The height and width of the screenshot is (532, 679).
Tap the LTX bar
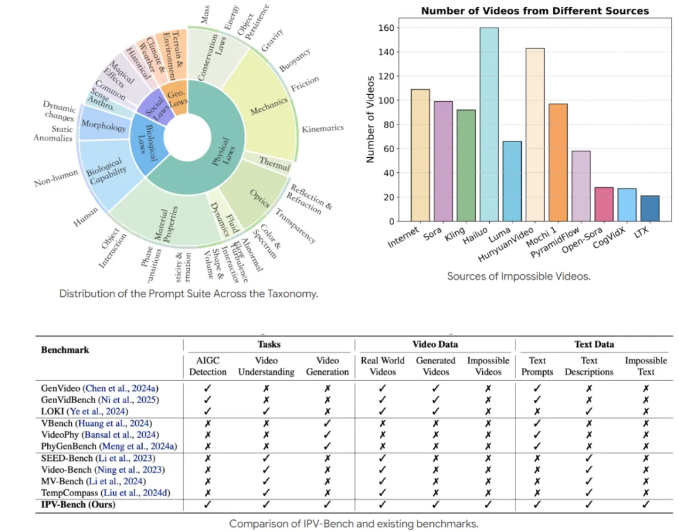click(649, 208)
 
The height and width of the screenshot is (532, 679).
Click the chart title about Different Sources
click(534, 11)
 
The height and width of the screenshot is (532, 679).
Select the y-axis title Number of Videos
click(370, 119)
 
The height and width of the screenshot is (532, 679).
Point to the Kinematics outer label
click(323, 128)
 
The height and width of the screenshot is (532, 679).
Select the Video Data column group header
click(434, 344)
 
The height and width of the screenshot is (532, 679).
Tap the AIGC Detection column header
click(207, 366)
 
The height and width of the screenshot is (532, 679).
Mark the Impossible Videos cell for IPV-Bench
click(488, 504)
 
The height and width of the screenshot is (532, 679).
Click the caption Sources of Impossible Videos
click(519, 275)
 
